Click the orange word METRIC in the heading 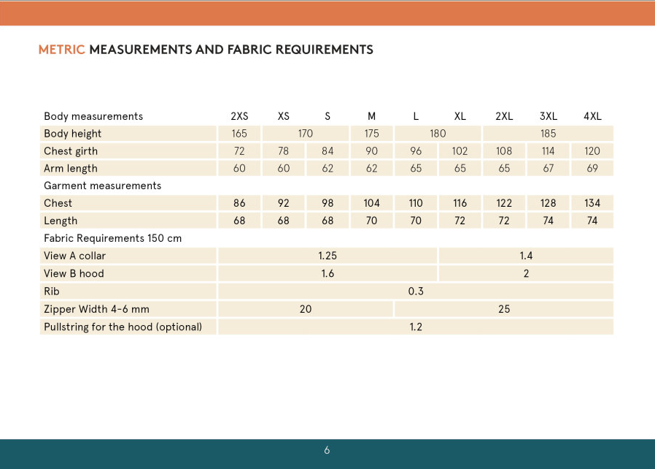point(62,50)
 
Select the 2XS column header point(239,116)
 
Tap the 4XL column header point(592,116)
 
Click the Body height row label point(73,134)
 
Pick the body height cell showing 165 point(239,134)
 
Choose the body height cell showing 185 point(549,134)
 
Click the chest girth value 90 point(372,151)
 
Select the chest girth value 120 point(592,151)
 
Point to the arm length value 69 point(592,169)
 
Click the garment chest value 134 point(592,203)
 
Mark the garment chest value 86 point(239,203)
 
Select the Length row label point(61,221)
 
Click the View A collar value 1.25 point(327,256)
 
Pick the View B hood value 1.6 point(327,273)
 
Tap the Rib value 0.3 point(416,291)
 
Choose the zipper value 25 point(504,309)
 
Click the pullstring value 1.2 point(416,327)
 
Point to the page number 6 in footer point(327,450)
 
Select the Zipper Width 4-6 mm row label point(96,309)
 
